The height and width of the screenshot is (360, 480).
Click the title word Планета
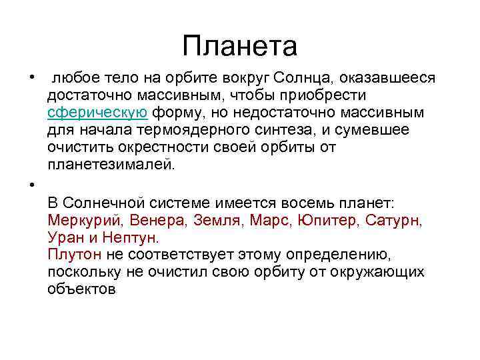click(x=239, y=46)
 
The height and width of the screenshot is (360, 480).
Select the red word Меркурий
click(x=85, y=220)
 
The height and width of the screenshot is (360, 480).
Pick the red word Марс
click(x=272, y=220)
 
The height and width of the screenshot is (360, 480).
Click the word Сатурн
click(x=395, y=220)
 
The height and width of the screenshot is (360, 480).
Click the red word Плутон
click(x=75, y=255)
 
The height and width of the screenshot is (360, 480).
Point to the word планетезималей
click(x=111, y=164)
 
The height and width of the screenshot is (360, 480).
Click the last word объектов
click(x=82, y=289)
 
